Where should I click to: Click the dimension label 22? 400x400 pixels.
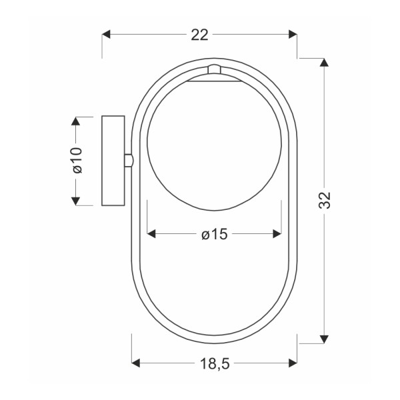pos(199,35)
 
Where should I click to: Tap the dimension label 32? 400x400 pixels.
pos(325,200)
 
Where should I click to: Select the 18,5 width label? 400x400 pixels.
pos(215,363)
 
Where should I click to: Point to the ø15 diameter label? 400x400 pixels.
pos(214,234)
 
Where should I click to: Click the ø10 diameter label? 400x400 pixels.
pos(77,161)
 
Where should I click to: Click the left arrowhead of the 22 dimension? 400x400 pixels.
pos(106,34)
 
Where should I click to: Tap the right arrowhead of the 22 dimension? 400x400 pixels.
pos(293,34)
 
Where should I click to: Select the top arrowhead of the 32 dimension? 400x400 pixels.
pos(324,63)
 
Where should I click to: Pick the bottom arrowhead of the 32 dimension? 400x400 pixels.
pos(324,339)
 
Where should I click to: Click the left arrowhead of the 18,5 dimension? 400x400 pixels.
pos(136,363)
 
